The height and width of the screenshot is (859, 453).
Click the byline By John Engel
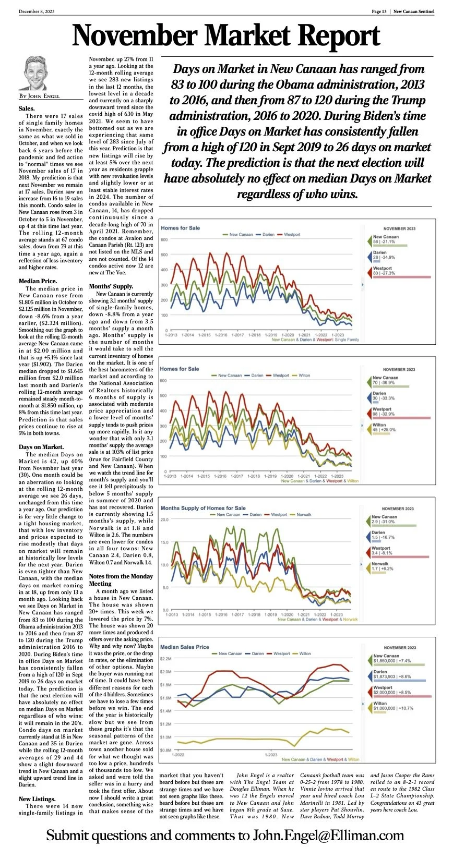(x=39, y=96)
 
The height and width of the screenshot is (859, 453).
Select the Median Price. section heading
(x=38, y=281)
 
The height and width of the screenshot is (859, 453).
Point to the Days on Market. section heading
(x=41, y=447)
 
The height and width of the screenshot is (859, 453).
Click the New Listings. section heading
(x=37, y=799)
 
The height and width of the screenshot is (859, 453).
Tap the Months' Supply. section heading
(x=111, y=286)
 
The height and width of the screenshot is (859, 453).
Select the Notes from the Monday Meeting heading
(x=121, y=580)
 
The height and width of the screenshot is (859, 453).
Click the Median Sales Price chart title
(x=184, y=647)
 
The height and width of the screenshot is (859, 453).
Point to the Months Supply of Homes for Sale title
(x=203, y=507)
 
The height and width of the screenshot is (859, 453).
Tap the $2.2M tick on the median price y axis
(x=166, y=659)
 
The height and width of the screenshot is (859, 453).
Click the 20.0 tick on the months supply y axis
(x=164, y=520)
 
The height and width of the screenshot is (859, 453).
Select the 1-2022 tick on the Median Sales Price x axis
(x=178, y=755)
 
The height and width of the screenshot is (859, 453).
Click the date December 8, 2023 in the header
(x=37, y=11)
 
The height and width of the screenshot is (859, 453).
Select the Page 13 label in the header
(x=379, y=11)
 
